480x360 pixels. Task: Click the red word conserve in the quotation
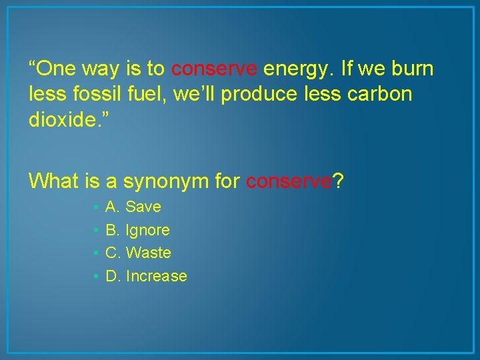coord(214,69)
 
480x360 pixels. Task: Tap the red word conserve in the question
coord(289,181)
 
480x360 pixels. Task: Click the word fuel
coord(145,95)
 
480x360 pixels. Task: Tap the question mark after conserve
coord(338,181)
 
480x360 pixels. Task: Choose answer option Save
coord(143,207)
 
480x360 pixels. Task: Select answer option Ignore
coord(147,231)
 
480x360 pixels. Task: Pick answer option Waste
coord(148,253)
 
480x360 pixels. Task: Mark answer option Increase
coord(156,276)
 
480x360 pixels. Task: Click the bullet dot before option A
coord(97,208)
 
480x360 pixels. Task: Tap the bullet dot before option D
coord(97,277)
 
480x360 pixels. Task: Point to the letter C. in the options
coord(113,253)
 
